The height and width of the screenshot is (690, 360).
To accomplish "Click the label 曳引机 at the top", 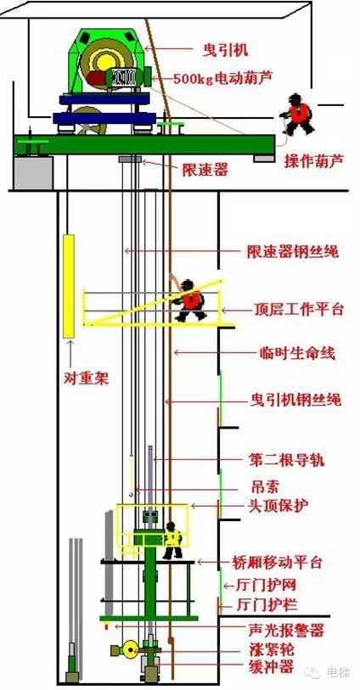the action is click(226, 49).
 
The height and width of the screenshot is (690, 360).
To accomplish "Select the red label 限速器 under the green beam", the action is click(205, 170).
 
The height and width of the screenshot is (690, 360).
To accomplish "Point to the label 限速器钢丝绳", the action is click(293, 252).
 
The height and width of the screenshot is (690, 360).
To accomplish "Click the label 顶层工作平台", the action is click(298, 310).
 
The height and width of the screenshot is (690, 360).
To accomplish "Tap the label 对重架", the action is click(87, 378).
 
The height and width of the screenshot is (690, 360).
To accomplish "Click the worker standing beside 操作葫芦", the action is click(297, 115).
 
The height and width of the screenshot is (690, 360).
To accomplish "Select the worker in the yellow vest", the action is click(172, 541).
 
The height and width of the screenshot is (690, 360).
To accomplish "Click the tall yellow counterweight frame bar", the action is click(69, 286).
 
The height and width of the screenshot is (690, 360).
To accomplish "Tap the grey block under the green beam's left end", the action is click(33, 172).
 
